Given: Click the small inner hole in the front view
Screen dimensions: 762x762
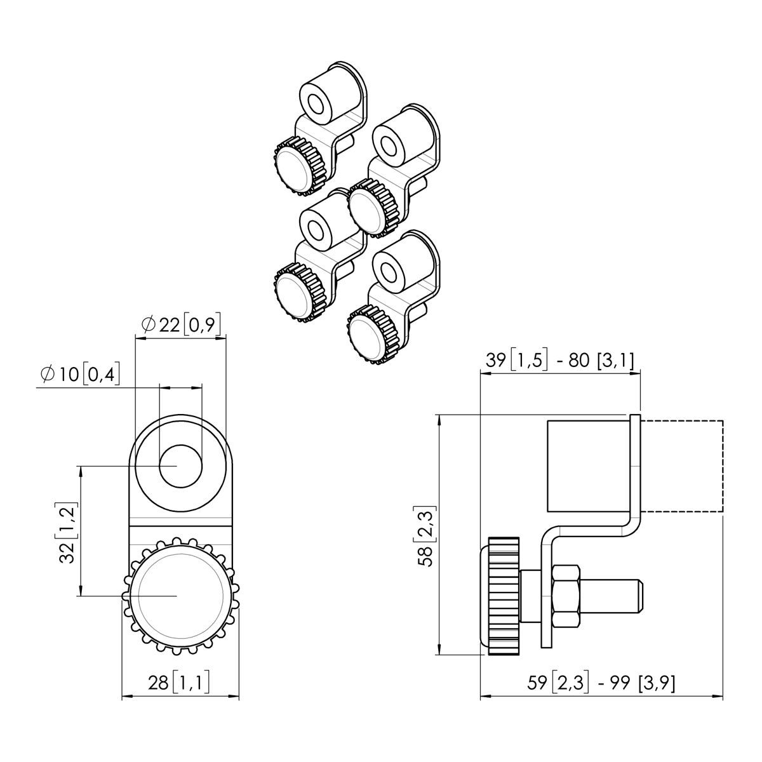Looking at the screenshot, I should coord(180,465).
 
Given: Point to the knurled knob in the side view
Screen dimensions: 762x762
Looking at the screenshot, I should coord(503,595).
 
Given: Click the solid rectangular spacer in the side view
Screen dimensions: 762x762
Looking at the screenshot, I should coord(587,465).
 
